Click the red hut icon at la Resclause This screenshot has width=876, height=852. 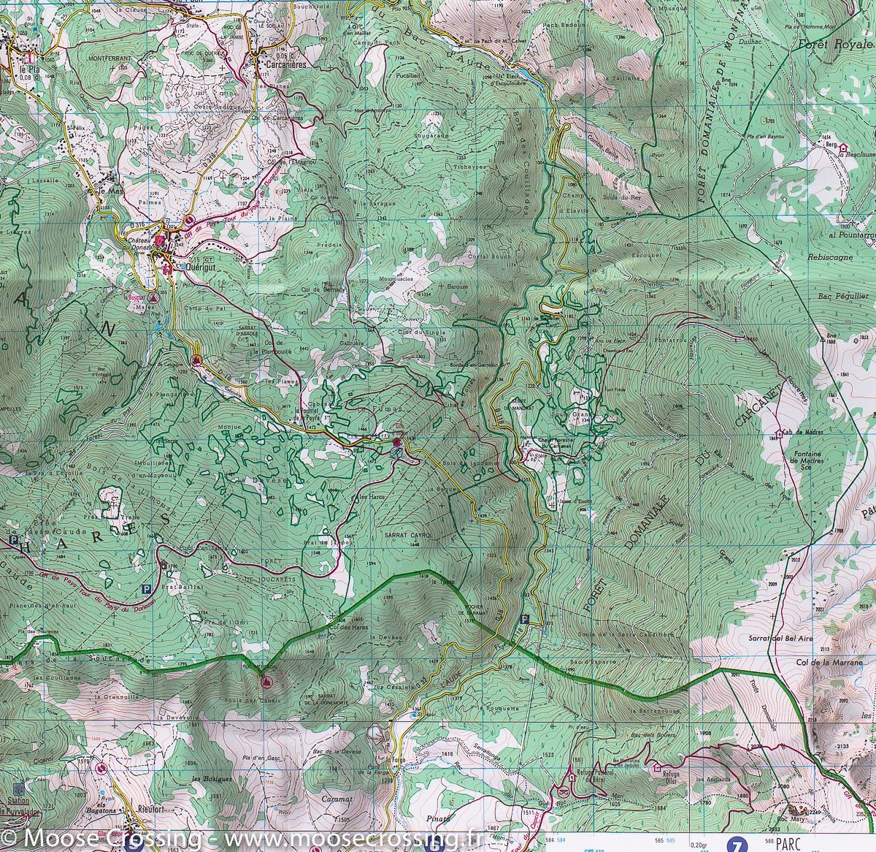tap(842, 146)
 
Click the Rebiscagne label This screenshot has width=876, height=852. tap(829, 258)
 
